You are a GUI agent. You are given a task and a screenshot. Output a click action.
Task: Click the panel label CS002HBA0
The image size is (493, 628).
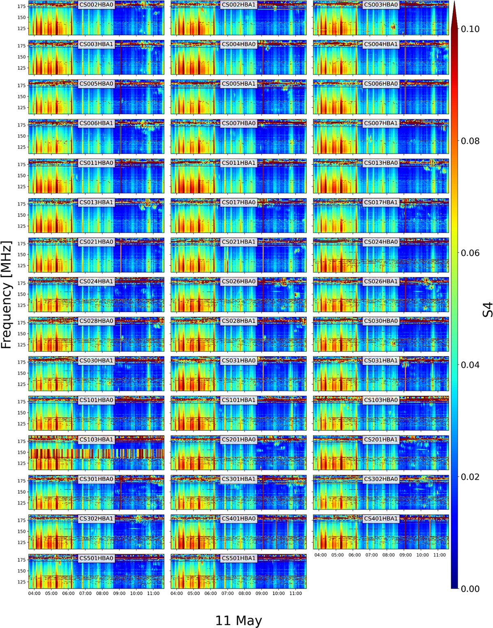pos(96,5)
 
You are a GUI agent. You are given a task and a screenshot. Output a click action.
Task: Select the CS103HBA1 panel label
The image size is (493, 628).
pos(96,440)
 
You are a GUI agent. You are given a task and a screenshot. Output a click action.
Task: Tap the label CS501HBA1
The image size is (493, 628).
pos(238,559)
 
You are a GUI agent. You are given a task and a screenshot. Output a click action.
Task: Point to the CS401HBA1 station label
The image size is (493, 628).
pos(381,519)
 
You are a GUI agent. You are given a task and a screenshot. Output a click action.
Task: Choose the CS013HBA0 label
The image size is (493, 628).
pos(381,163)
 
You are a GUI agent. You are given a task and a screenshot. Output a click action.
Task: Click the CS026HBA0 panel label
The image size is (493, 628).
pos(238,282)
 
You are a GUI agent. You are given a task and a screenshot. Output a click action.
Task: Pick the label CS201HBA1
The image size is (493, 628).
pos(381,440)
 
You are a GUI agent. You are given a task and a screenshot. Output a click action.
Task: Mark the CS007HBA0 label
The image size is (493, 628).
pos(238,123)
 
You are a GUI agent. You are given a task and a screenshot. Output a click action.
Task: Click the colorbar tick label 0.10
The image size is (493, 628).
pos(470,29)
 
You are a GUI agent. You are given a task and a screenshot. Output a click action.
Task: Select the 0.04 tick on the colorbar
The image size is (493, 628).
pos(470,365)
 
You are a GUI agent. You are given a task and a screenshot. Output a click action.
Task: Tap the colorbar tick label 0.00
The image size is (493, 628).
pos(470,589)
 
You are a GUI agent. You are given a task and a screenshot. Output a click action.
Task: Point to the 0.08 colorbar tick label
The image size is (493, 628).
pos(470,141)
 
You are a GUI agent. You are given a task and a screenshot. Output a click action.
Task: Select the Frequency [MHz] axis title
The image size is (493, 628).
pos(7,295)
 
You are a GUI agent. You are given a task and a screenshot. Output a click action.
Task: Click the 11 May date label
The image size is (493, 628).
pos(238,621)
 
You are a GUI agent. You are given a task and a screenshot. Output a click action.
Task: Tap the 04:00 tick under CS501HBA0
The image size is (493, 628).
pos(35,593)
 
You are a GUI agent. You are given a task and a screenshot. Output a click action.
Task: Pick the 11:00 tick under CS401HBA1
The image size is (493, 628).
pos(439,555)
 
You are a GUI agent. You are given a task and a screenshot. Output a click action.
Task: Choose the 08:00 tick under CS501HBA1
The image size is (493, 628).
pos(244,593)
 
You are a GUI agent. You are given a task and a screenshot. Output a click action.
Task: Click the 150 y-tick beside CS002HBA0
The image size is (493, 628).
pos(22,18)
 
